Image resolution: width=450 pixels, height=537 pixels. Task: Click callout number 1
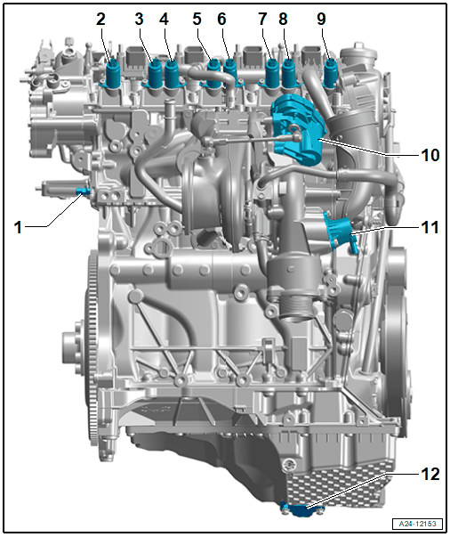[x=18, y=227]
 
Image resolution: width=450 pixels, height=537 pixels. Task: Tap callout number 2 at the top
[x=100, y=20]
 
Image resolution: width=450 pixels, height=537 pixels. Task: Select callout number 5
[x=197, y=20]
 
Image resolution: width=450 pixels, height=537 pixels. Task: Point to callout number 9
[x=321, y=20]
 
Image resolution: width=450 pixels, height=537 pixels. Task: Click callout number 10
[x=430, y=155]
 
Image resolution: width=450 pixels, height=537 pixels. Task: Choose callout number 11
[x=430, y=227]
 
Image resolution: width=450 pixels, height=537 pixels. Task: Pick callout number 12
[x=430, y=474]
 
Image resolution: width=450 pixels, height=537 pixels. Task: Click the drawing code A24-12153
[x=417, y=524]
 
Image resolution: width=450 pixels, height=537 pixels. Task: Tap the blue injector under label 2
[x=113, y=73]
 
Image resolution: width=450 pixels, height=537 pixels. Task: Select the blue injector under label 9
[x=330, y=73]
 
